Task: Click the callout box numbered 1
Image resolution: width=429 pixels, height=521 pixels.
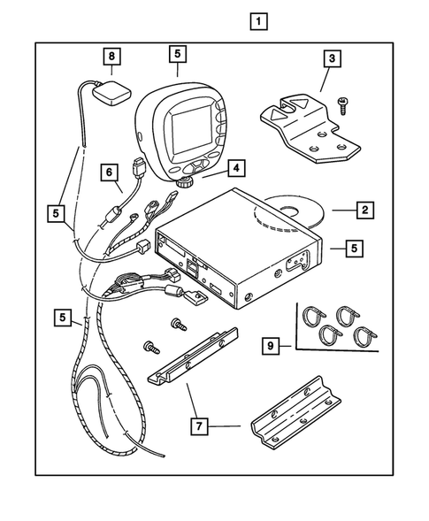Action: [258, 20]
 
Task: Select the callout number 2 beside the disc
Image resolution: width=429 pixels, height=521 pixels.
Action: [363, 211]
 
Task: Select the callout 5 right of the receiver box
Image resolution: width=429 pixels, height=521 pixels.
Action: [352, 249]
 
